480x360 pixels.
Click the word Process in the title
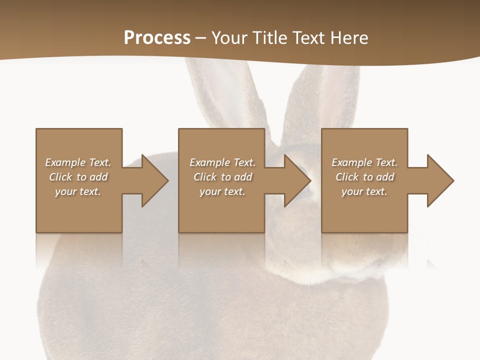coord(157,38)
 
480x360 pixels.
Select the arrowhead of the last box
coord(440,180)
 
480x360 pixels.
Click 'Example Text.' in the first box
coord(78,162)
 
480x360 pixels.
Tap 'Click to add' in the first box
coord(78,177)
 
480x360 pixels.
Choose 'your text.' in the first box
coord(78,191)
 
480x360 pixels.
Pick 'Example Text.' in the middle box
coord(222,162)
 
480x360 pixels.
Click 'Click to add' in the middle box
coord(222,177)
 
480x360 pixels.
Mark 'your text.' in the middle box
coord(222,191)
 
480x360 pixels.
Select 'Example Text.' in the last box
coord(364,162)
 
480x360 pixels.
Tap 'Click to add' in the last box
coord(364,177)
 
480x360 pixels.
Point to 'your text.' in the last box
coord(364,191)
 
